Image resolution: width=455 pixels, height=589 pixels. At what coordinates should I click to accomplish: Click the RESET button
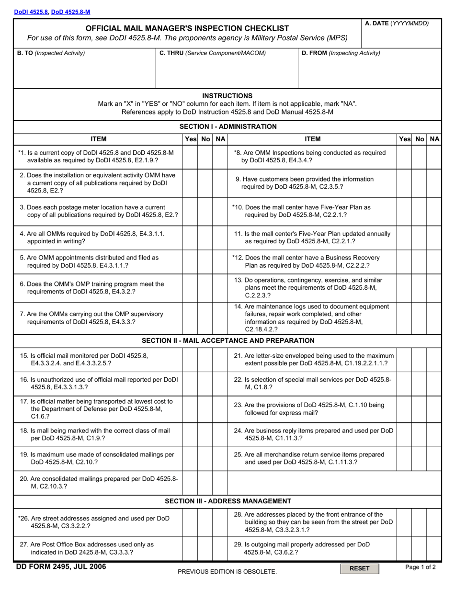tap(359, 568)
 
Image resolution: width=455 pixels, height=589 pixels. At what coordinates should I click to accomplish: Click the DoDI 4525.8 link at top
tap(31, 11)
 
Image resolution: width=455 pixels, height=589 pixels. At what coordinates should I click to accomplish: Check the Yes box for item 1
tap(191, 157)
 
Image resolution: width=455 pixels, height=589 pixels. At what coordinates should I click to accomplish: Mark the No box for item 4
tap(205, 238)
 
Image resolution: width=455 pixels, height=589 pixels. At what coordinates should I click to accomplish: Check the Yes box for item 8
tap(404, 157)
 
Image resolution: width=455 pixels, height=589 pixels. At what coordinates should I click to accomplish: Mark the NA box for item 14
tap(434, 318)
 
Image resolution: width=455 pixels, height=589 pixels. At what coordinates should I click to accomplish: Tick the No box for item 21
tap(419, 360)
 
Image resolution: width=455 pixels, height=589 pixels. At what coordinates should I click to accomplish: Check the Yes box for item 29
tap(404, 548)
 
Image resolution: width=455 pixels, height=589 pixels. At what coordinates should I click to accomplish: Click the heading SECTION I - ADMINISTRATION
tap(228, 126)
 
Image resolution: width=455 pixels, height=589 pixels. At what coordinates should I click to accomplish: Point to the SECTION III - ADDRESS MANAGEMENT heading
tap(228, 501)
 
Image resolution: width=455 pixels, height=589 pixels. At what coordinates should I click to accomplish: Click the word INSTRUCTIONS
tap(227, 96)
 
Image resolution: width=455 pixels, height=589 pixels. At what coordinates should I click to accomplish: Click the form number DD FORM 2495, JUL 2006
tap(62, 567)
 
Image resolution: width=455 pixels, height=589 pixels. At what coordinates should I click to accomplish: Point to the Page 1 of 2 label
tap(420, 567)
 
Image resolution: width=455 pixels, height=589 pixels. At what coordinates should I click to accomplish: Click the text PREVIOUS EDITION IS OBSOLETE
tap(227, 571)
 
